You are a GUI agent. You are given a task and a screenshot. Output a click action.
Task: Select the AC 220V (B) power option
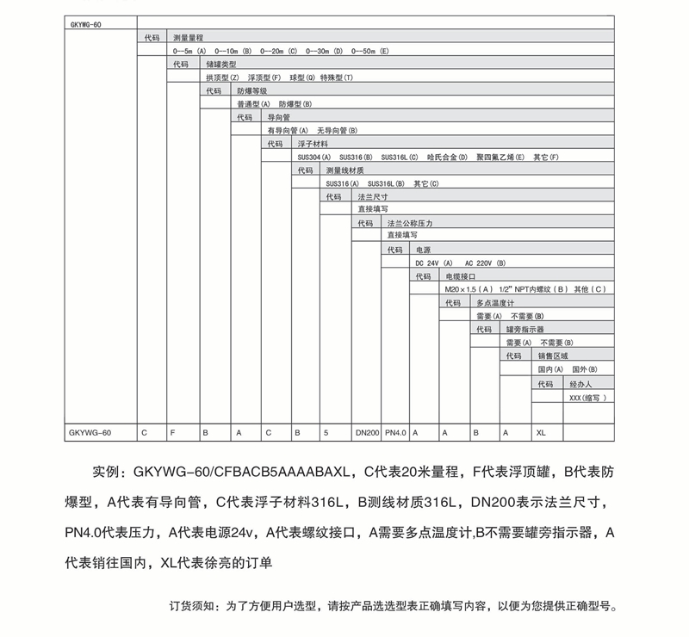click(485, 263)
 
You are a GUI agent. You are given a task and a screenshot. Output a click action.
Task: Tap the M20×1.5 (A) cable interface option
click(472, 289)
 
